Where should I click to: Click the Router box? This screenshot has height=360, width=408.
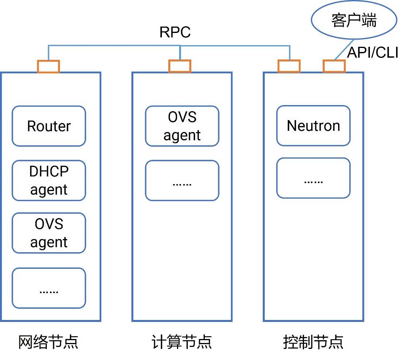click(49, 126)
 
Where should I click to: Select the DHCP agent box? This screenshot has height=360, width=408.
click(49, 180)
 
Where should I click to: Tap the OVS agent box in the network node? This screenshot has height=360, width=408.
click(49, 233)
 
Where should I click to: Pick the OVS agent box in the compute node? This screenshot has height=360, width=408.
click(182, 126)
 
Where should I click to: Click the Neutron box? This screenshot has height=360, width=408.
click(313, 126)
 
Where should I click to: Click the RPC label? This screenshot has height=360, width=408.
click(175, 32)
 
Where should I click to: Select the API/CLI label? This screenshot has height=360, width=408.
click(372, 53)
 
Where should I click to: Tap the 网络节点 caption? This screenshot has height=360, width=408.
click(48, 342)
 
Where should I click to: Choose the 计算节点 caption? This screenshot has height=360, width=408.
click(182, 342)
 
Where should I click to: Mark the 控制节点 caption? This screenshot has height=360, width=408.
click(313, 342)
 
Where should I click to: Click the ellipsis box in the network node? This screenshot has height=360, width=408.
click(49, 288)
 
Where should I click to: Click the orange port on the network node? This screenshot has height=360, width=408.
click(48, 67)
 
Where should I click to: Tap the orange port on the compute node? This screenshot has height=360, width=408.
click(180, 67)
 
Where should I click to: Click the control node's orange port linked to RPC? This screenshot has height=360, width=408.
click(289, 67)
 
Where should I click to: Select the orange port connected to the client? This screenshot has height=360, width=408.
click(334, 67)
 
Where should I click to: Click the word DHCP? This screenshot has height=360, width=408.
click(49, 172)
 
